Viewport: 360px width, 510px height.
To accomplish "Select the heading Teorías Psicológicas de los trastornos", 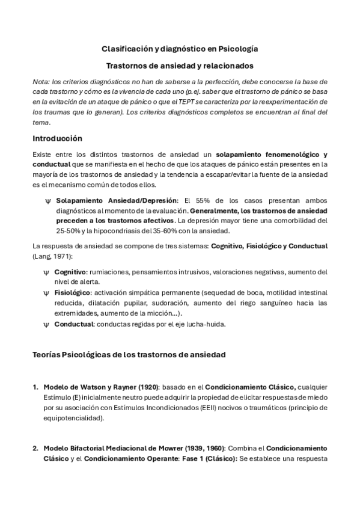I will coord(129,355).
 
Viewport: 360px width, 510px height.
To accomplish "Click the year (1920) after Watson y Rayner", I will coord(144,386).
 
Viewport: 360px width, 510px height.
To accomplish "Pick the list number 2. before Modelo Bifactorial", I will coord(35,448).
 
